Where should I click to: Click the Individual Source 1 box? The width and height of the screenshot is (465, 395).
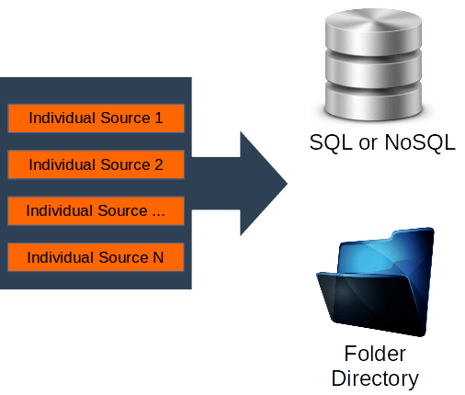click(96, 118)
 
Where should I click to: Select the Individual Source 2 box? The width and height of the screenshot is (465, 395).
click(96, 164)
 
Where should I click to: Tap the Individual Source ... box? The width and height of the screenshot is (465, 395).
click(96, 210)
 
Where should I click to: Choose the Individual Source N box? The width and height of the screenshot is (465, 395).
click(96, 257)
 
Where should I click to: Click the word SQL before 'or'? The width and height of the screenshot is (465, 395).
click(330, 144)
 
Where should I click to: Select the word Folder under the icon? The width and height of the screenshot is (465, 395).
click(375, 355)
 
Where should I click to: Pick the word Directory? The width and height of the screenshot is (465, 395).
click(375, 378)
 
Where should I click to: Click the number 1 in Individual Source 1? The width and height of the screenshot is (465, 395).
click(158, 118)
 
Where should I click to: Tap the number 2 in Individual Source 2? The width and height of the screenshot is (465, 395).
click(158, 164)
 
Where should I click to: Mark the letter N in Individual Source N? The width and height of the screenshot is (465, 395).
click(158, 257)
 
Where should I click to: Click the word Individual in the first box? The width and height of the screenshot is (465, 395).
click(62, 118)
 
